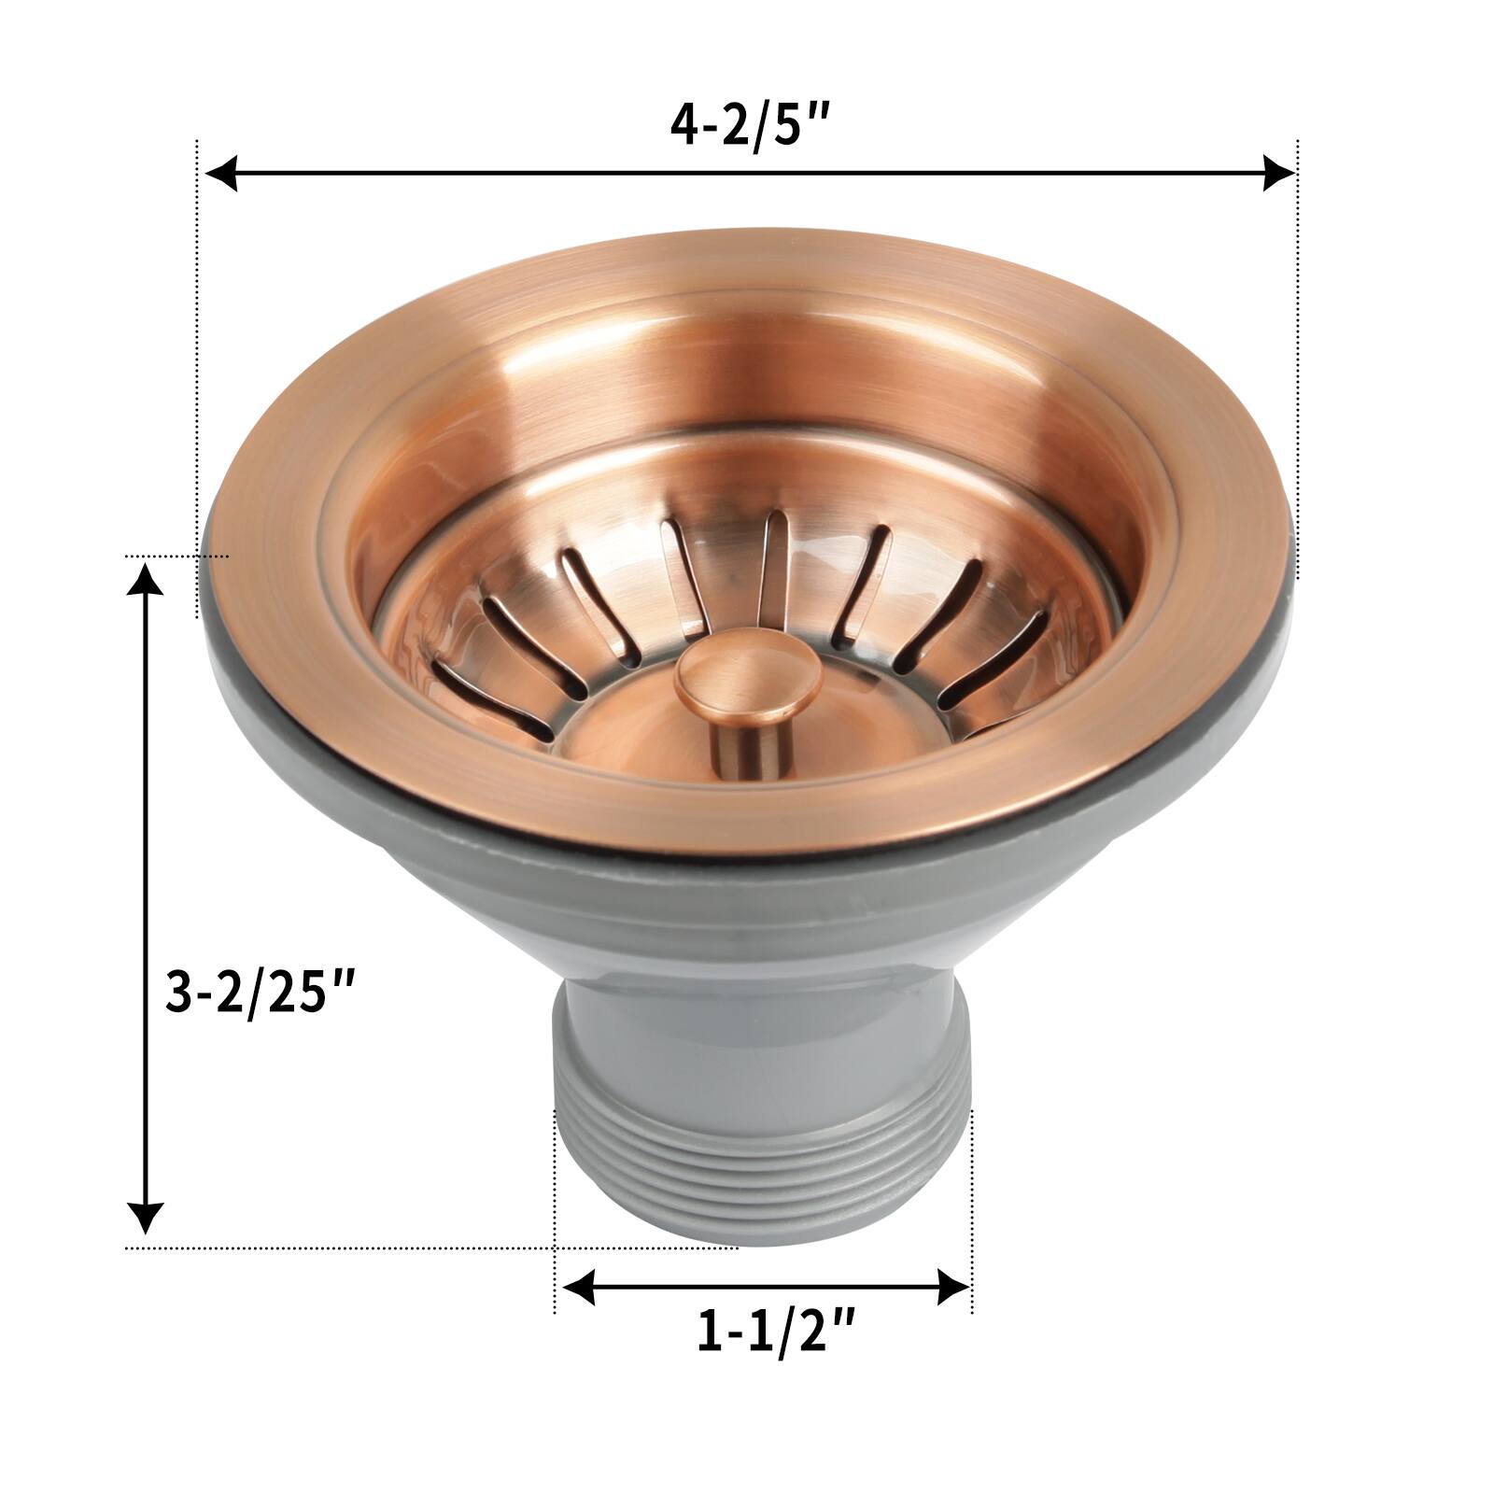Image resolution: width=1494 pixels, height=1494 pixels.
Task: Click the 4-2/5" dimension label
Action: pyautogui.click(x=750, y=125)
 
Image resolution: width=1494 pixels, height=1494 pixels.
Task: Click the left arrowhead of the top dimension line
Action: pyautogui.click(x=220, y=173)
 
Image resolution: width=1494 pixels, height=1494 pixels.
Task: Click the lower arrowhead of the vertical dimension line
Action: pyautogui.click(x=144, y=1217)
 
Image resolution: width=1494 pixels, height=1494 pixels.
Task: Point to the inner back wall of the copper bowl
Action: pyautogui.click(x=747, y=373)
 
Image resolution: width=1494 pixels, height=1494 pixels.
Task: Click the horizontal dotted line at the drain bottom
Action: pyautogui.click(x=373, y=1247)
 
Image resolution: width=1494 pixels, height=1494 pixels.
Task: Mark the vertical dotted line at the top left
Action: pyautogui.click(x=197, y=373)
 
